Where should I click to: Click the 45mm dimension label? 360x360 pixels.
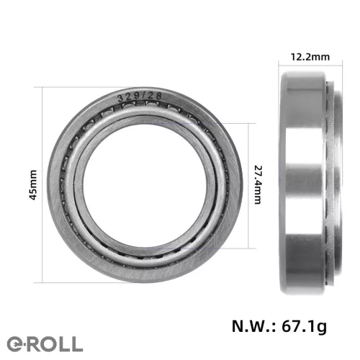tap(33, 185)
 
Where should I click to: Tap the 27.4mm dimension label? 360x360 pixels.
tap(258, 184)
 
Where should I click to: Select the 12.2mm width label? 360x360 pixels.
tap(310, 57)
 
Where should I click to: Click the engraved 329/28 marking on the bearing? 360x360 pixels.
tap(140, 96)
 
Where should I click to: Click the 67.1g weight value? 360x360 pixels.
tap(304, 327)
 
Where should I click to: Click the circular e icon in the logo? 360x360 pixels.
tap(16, 344)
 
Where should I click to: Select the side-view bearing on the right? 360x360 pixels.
tap(311, 183)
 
